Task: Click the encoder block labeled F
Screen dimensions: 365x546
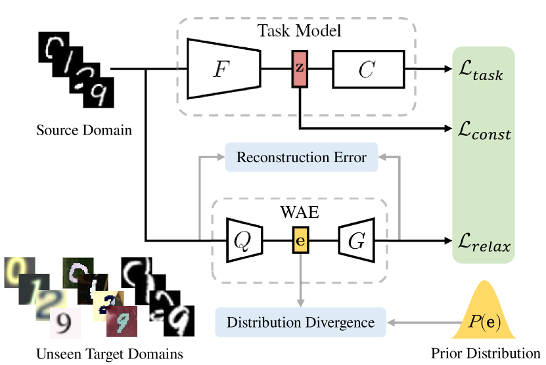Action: point(223,68)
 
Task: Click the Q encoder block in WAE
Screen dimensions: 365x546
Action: point(244,240)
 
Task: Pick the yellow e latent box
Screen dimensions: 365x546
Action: point(300,240)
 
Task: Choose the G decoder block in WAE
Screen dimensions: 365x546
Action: point(357,240)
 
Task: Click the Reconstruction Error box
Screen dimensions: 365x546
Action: point(302,158)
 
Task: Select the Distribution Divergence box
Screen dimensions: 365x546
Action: point(300,322)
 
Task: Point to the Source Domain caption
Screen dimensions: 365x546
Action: point(84,130)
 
